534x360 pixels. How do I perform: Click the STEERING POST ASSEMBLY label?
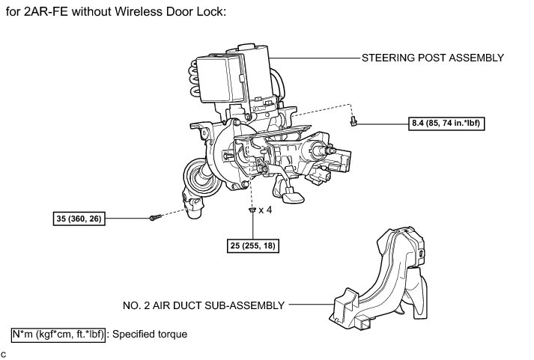(x=433, y=58)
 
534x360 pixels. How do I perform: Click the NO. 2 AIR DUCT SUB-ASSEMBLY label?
(x=204, y=305)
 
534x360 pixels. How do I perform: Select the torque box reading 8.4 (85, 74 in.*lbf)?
(x=446, y=124)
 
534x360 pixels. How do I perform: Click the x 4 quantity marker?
(x=266, y=210)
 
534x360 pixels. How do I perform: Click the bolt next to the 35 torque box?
(x=154, y=218)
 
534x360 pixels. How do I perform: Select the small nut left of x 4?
(x=252, y=210)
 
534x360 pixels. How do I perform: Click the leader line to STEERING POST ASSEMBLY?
(x=315, y=58)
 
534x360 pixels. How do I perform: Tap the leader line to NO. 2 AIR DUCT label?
(x=311, y=305)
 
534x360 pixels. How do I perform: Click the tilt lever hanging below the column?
(x=291, y=193)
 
